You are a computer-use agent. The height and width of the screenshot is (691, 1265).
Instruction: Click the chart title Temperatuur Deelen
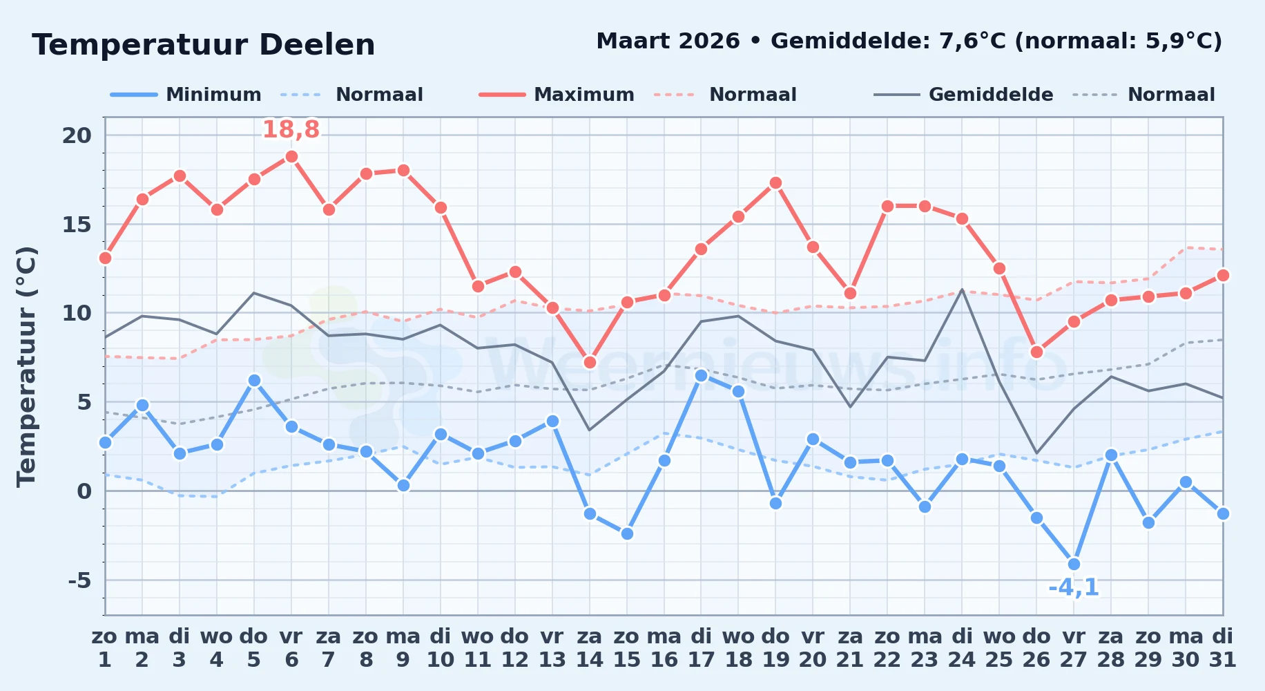pyautogui.click(x=204, y=45)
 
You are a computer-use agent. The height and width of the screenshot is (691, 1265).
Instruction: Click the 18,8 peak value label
pyautogui.click(x=291, y=129)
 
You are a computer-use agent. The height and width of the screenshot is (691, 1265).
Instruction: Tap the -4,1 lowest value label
pyautogui.click(x=1074, y=587)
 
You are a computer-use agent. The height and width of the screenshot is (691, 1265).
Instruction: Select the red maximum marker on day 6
pyautogui.click(x=291, y=156)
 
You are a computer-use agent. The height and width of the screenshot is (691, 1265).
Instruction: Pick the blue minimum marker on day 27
pyautogui.click(x=1074, y=564)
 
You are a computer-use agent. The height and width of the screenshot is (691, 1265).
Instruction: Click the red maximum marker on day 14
pyautogui.click(x=590, y=362)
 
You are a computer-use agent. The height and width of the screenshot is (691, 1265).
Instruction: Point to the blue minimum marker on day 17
pyautogui.click(x=701, y=375)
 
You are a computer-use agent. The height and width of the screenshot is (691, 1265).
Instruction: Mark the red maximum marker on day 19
pyautogui.click(x=775, y=182)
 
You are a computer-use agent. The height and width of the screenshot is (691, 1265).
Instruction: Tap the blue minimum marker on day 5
pyautogui.click(x=254, y=380)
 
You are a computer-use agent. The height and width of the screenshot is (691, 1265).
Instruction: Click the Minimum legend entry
pyautogui.click(x=186, y=95)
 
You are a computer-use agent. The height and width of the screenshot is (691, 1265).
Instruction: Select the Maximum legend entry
pyautogui.click(x=557, y=95)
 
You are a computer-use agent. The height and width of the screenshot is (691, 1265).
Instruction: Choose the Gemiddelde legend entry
pyautogui.click(x=963, y=95)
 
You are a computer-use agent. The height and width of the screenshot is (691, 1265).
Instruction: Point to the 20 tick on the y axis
pyautogui.click(x=77, y=135)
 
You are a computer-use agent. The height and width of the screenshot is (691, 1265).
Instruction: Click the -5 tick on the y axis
pyautogui.click(x=79, y=580)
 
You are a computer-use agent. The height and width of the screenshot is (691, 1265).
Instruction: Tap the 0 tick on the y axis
pyautogui.click(x=84, y=491)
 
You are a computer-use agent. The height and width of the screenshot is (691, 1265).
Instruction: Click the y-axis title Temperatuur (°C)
pyautogui.click(x=26, y=366)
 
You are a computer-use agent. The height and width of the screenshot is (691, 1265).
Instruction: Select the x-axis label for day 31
pyautogui.click(x=1223, y=648)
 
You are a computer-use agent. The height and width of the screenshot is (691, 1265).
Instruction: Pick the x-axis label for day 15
pyautogui.click(x=627, y=648)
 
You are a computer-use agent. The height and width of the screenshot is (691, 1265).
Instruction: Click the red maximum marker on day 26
pyautogui.click(x=1036, y=352)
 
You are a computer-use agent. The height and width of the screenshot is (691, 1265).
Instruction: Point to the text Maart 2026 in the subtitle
pyautogui.click(x=668, y=41)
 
